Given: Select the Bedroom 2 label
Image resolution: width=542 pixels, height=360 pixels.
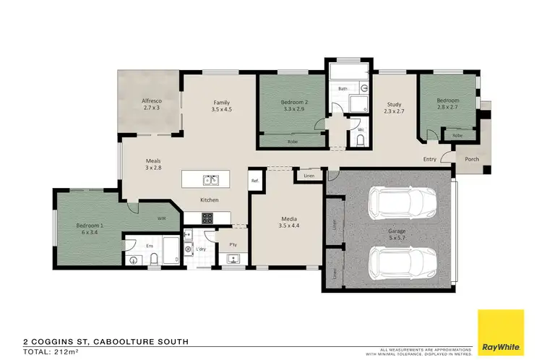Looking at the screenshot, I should pos(294,106).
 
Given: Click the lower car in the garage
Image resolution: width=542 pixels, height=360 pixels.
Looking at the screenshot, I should pos(403,264).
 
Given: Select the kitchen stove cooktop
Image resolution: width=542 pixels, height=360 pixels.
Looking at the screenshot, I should pos(206,217).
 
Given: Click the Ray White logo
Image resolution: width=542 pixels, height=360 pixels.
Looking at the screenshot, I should pos(500,329).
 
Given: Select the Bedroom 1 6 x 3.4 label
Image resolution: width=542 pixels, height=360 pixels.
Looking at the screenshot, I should pos(90,229).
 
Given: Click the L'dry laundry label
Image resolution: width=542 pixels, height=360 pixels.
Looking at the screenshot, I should pos(199,249).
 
